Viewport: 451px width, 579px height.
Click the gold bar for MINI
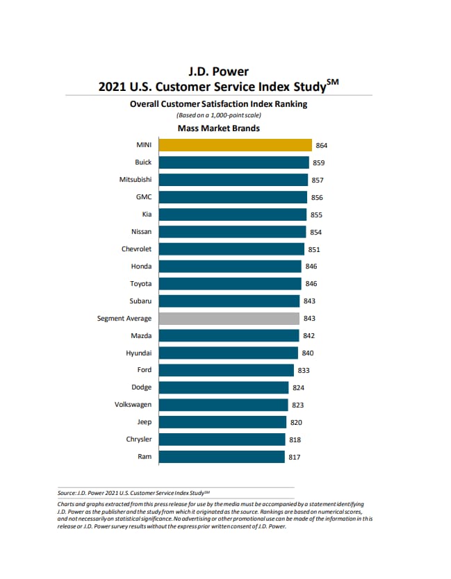click(x=235, y=145)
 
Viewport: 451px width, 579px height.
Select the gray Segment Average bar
click(x=229, y=319)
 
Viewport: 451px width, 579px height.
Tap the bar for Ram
click(x=222, y=457)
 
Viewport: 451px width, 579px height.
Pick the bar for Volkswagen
click(x=223, y=405)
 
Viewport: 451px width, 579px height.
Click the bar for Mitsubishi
click(x=233, y=180)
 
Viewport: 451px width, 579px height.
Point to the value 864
click(x=321, y=146)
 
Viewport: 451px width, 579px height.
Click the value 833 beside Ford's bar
click(x=304, y=371)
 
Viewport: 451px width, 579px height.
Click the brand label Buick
click(x=143, y=162)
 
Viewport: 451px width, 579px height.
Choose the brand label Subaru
click(x=142, y=301)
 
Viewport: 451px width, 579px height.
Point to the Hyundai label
click(x=139, y=353)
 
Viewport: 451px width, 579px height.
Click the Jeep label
click(x=145, y=422)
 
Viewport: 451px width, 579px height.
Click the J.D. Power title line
click(x=218, y=72)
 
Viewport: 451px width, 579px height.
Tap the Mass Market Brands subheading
click(x=219, y=128)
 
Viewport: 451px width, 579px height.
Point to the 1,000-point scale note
click(x=219, y=115)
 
